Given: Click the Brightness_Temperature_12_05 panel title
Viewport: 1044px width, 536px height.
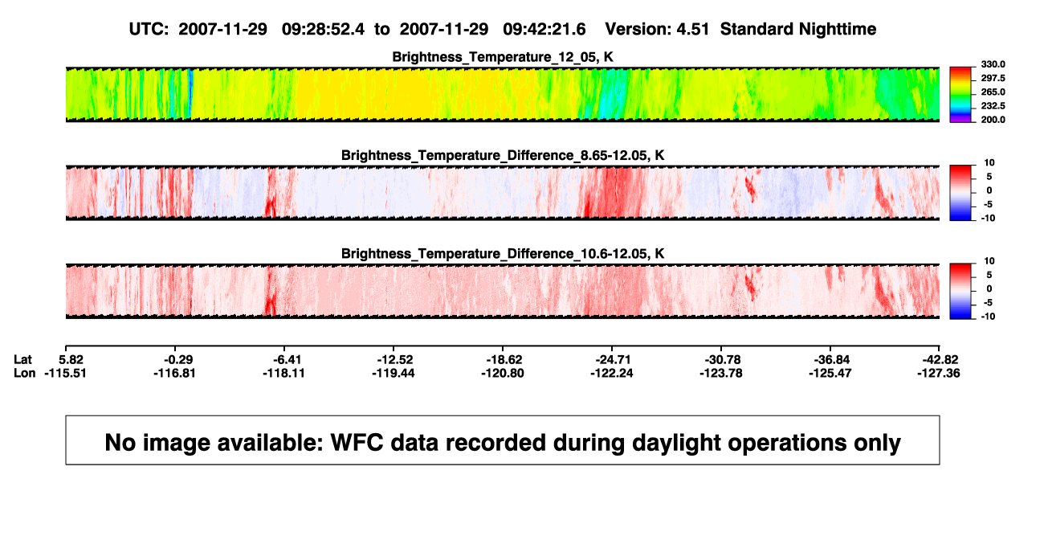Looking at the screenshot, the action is coord(503,57).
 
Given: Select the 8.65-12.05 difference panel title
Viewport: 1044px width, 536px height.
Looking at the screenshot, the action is coord(503,155).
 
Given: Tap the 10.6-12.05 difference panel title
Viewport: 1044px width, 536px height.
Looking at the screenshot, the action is coord(503,254).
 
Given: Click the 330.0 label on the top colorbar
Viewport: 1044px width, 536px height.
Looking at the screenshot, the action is coord(993,64).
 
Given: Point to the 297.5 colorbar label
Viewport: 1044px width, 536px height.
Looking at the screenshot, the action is coord(993,78).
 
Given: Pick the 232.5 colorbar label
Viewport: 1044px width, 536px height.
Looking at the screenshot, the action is coord(993,106).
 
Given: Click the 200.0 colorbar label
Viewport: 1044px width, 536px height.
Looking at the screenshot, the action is coord(993,120).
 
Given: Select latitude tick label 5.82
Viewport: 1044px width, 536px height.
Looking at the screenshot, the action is coord(71,360).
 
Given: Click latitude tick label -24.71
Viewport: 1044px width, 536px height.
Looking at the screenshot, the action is coord(613,360).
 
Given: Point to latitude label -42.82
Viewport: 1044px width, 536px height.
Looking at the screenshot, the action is coord(940,360).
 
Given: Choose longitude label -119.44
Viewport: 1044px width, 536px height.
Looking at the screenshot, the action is coord(393,373).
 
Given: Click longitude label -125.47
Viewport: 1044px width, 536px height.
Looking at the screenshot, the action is coord(830,373).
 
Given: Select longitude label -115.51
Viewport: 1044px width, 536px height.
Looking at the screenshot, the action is coord(65,373).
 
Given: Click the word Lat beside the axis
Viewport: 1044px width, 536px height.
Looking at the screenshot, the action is coord(22,360).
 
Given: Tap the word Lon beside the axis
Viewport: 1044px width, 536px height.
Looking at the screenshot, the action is coord(24,373).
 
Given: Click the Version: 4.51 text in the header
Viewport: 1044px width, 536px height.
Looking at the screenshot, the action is coord(657,29).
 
